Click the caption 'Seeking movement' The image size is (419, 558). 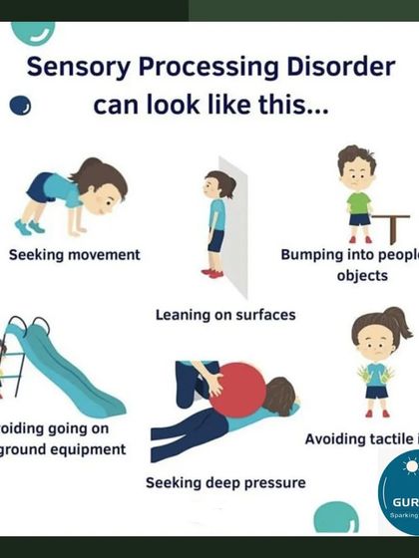[75, 254]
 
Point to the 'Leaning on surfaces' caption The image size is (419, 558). [225, 315]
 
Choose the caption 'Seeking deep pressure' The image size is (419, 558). [225, 483]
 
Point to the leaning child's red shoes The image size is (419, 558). [211, 271]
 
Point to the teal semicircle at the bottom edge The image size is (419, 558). [335, 519]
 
